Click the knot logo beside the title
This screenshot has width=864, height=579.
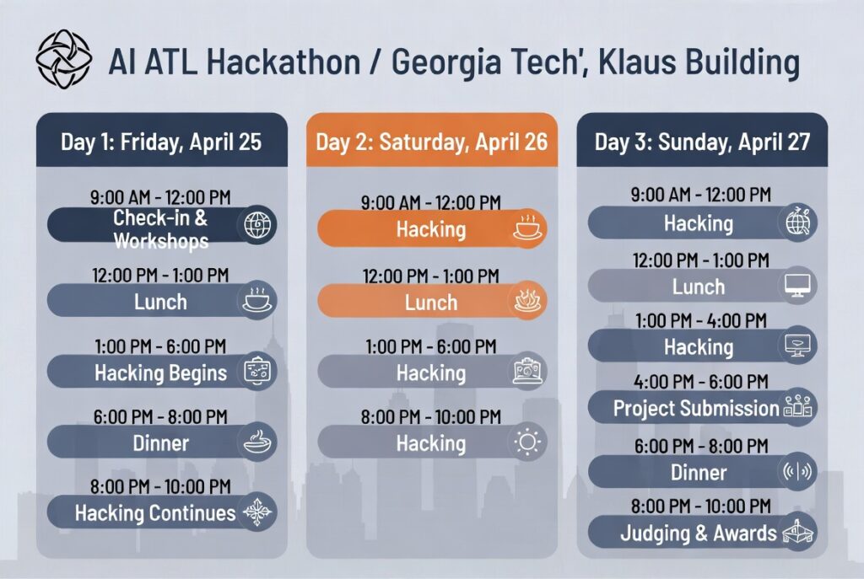[63, 59]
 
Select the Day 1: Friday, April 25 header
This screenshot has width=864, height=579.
[161, 142]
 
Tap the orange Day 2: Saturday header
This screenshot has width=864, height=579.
[431, 142]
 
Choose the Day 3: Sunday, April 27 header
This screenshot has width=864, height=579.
[702, 142]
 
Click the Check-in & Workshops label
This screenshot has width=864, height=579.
[161, 229]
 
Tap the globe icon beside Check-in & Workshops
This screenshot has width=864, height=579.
[257, 224]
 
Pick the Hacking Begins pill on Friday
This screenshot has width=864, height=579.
[161, 372]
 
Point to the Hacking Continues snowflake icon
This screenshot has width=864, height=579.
[257, 512]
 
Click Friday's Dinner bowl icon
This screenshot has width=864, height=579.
[257, 442]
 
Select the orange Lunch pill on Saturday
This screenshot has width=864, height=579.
[431, 301]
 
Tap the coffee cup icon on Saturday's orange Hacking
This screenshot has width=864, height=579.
[528, 228]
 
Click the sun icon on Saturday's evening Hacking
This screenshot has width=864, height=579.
[528, 442]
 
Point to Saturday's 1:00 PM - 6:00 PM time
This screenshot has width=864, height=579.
[431, 346]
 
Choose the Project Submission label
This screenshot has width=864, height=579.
[696, 409]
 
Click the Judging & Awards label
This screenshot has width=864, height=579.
[698, 533]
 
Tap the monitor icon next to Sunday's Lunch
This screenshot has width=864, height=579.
[797, 286]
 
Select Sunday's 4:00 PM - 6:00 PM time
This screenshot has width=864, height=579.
[701, 382]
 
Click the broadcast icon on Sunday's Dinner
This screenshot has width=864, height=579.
[797, 471]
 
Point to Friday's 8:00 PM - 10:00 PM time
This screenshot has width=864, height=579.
[160, 486]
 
